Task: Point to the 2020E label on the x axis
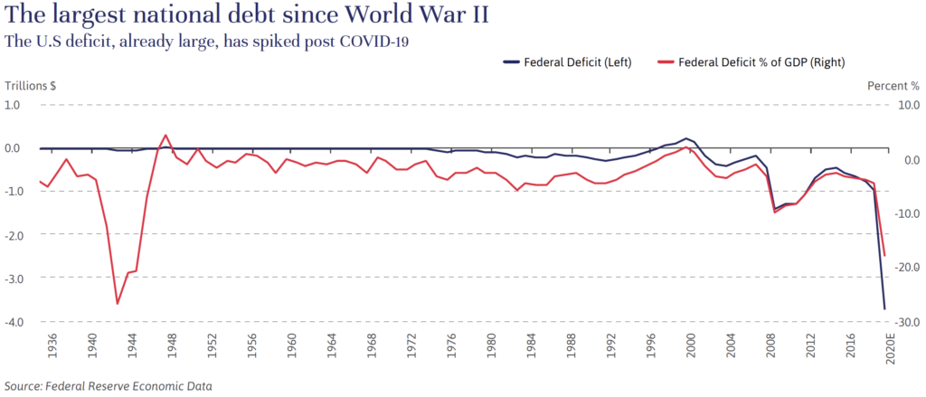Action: click(x=888, y=349)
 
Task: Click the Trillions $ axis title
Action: click(x=32, y=86)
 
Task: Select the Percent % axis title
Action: click(x=893, y=86)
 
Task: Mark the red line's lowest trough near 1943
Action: click(x=118, y=304)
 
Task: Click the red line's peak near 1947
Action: click(x=165, y=135)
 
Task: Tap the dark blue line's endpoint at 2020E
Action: click(x=884, y=309)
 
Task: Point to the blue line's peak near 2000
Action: click(x=687, y=138)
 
